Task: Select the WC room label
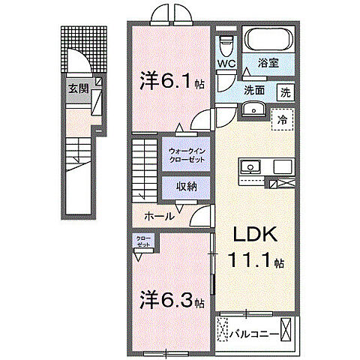point(227,64)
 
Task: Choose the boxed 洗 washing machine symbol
point(285,93)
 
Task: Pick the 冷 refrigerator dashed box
point(282,118)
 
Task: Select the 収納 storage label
point(187,187)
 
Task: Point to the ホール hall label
point(160,216)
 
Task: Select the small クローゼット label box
point(142,241)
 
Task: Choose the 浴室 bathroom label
point(268,64)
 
